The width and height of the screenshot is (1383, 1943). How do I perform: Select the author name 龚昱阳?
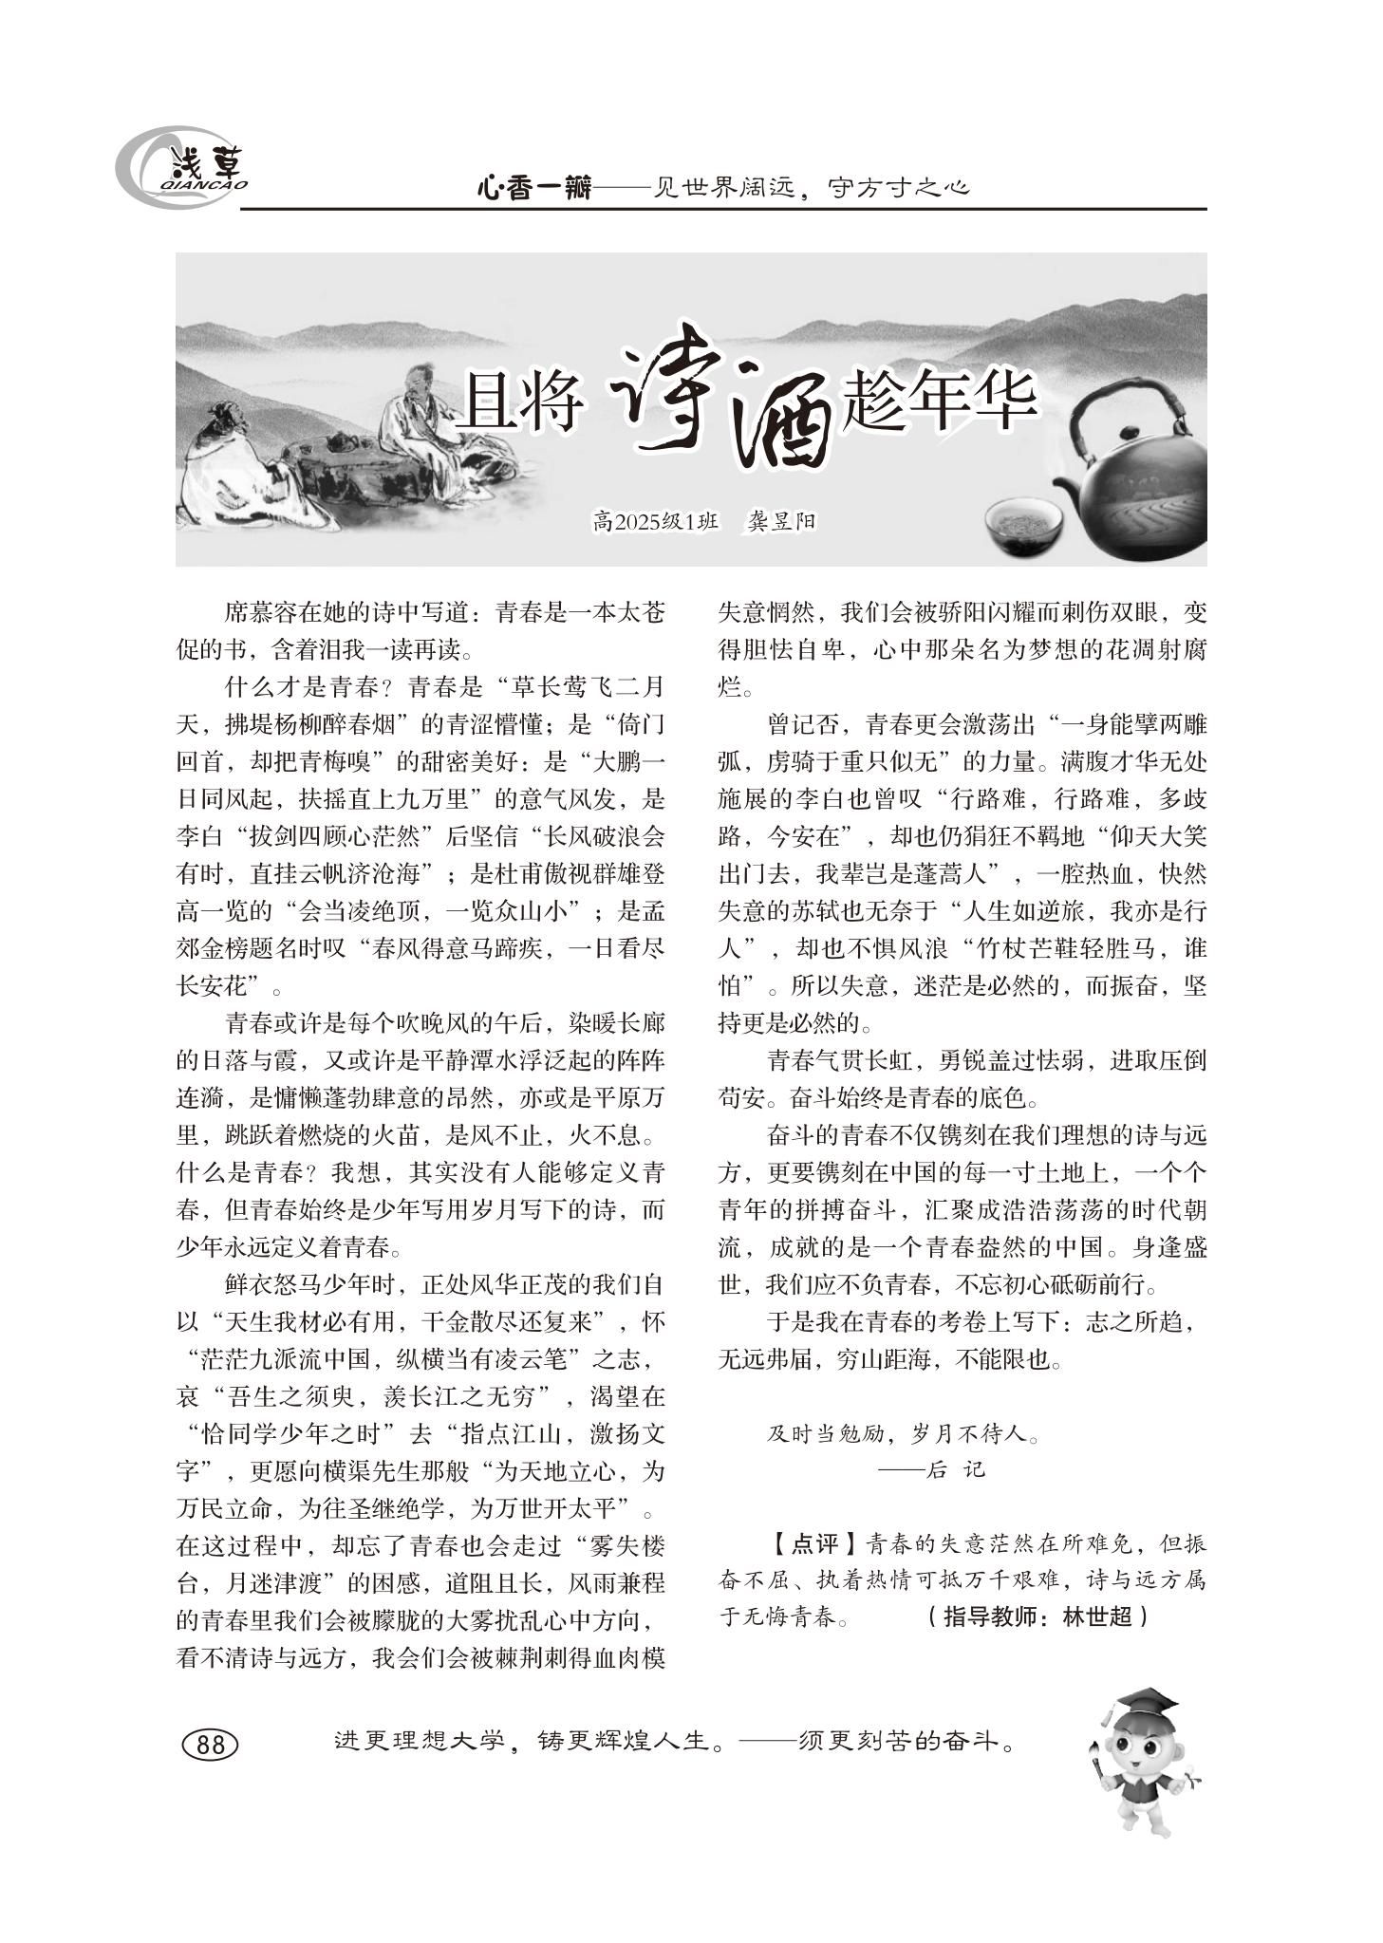point(780,521)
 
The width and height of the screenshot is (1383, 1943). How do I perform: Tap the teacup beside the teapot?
point(1023,525)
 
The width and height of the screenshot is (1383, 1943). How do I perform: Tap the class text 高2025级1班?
point(655,521)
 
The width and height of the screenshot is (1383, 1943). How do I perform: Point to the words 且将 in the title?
point(519,403)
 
